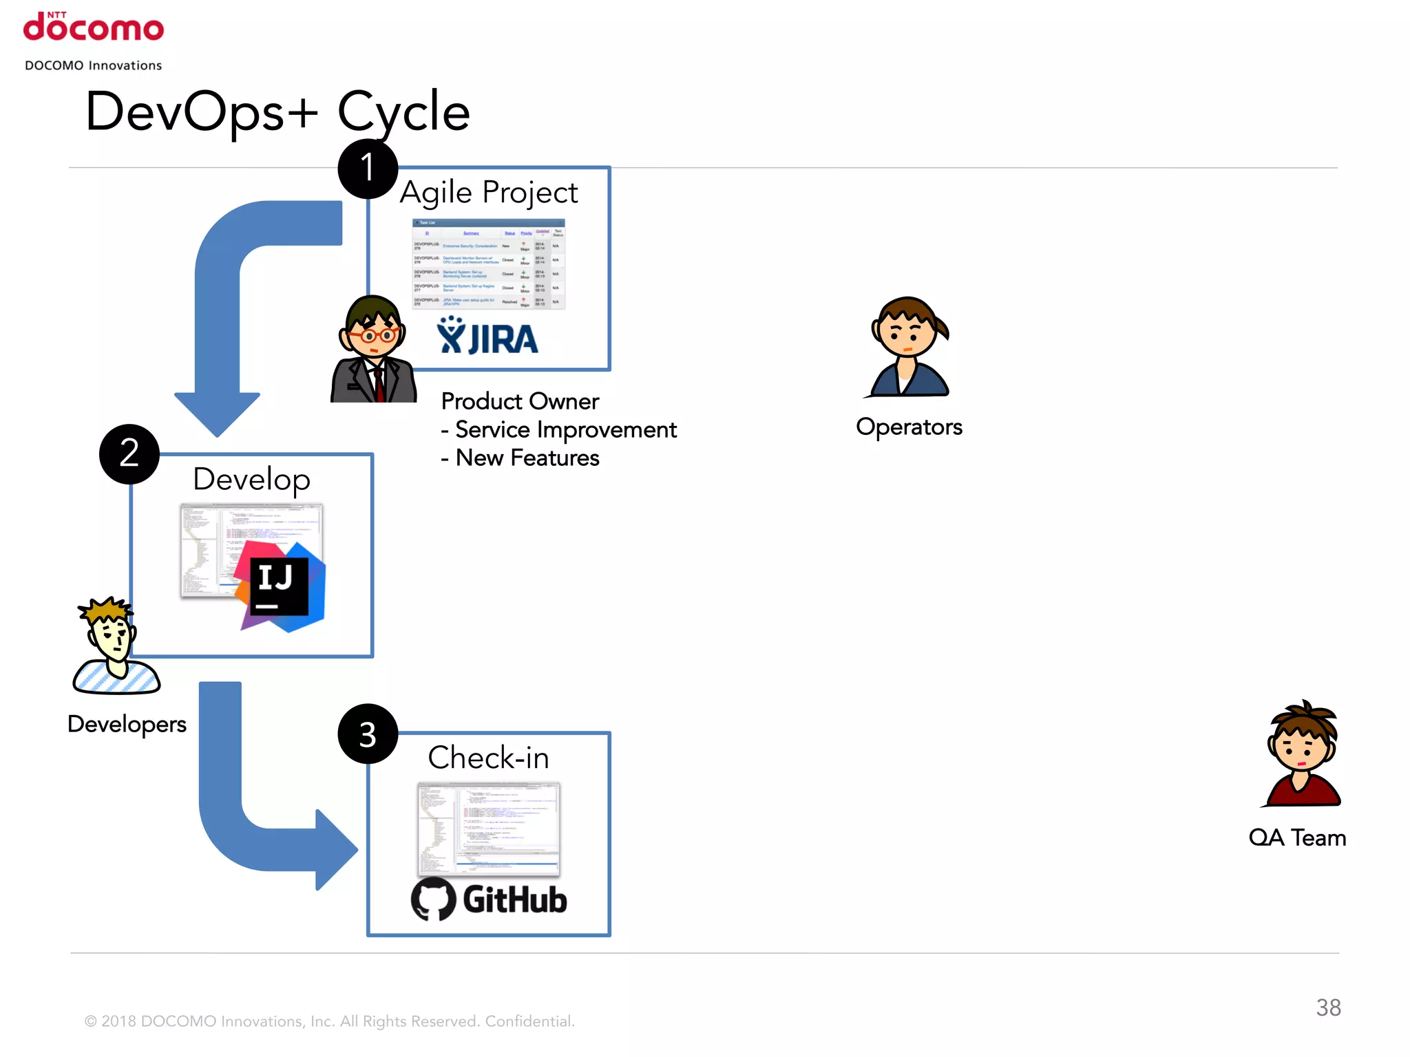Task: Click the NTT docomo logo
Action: (x=94, y=28)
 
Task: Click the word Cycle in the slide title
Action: (x=403, y=112)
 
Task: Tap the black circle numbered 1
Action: (x=368, y=169)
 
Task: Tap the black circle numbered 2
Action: (x=129, y=454)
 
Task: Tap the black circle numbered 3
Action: (x=368, y=734)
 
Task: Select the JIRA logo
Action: (x=487, y=337)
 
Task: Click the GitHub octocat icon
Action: (x=433, y=899)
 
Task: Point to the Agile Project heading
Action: (x=489, y=193)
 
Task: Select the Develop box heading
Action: (x=251, y=480)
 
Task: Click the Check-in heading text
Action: (x=488, y=758)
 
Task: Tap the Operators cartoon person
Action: (x=909, y=348)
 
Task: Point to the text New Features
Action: (x=527, y=458)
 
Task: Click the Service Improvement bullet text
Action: (x=566, y=430)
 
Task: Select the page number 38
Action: (x=1328, y=1007)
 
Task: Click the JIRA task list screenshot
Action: (x=488, y=264)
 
